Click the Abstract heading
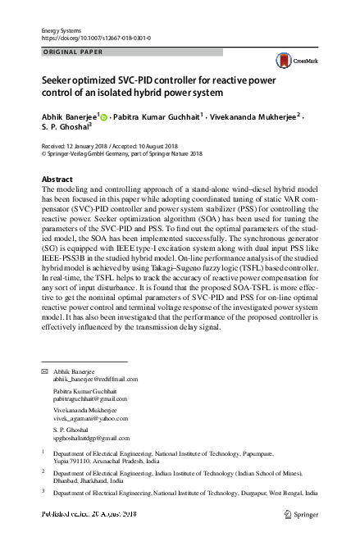(x=57, y=180)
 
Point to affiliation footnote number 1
(x=43, y=452)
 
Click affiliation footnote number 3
(x=43, y=492)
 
